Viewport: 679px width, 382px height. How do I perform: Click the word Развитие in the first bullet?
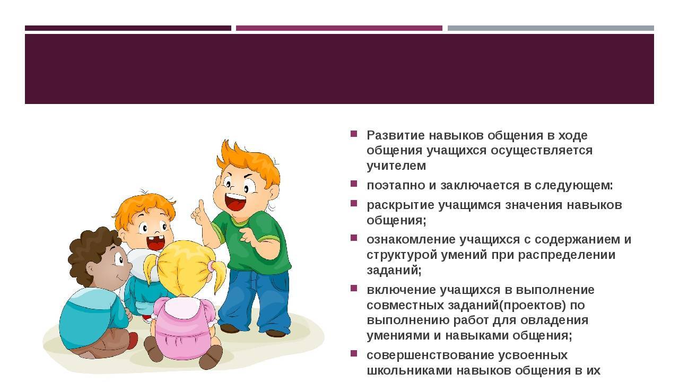click(x=395, y=135)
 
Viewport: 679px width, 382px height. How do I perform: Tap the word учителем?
click(x=396, y=166)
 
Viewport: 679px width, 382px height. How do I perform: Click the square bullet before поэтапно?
click(x=354, y=184)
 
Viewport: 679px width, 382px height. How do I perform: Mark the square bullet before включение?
click(x=354, y=288)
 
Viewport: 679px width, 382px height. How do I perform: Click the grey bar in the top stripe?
click(x=551, y=28)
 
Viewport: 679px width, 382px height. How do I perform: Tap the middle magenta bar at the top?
click(x=339, y=28)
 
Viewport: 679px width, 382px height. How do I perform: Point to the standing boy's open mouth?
click(x=234, y=201)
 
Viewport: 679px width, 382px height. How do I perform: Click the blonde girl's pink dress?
click(x=182, y=327)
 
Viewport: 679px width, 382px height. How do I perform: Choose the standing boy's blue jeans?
click(x=255, y=300)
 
